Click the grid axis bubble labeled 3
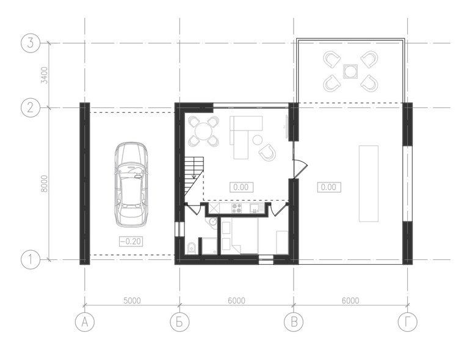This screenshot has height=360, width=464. click(30, 43)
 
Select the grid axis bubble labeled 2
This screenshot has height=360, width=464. click(30, 107)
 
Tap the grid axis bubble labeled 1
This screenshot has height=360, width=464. click(30, 260)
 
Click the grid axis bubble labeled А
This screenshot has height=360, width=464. click(85, 322)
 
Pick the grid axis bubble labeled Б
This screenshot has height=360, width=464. click(179, 322)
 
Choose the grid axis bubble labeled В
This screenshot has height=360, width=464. click(294, 322)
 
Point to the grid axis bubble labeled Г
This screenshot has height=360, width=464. click(407, 322)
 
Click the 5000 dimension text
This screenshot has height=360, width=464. click(132, 301)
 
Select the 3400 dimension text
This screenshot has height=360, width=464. click(45, 76)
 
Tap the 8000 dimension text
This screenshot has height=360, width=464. click(45, 184)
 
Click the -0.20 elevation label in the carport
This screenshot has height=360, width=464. click(131, 242)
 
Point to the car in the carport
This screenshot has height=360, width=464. click(131, 185)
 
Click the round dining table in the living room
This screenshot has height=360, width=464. click(204, 131)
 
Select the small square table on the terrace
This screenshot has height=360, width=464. click(350, 71)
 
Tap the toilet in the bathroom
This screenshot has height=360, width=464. click(192, 248)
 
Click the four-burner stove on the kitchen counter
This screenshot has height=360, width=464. click(236, 208)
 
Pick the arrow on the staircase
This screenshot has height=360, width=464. click(194, 168)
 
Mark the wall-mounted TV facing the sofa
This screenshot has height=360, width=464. click(286, 126)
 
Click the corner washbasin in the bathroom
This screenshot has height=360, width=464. click(212, 223)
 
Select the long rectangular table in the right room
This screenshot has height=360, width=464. click(369, 184)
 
